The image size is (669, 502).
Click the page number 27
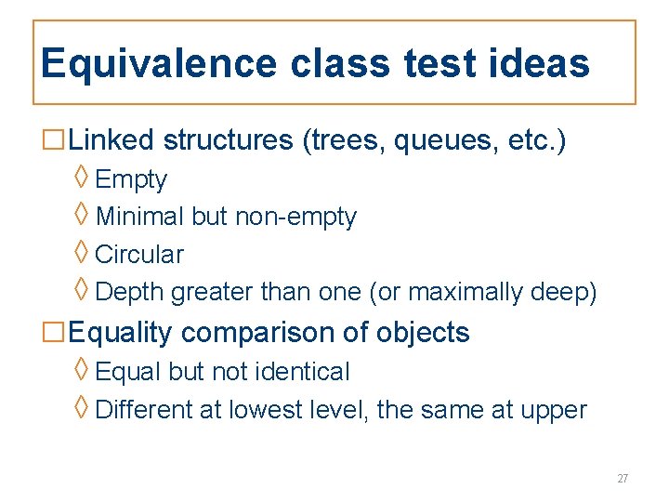623,479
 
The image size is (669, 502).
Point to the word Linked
111,140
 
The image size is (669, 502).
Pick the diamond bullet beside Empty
82,178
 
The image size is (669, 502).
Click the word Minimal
139,218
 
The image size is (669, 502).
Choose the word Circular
139,255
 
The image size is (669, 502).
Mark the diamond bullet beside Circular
82,252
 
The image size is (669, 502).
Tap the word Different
145,410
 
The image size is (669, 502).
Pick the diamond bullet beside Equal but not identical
82,370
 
